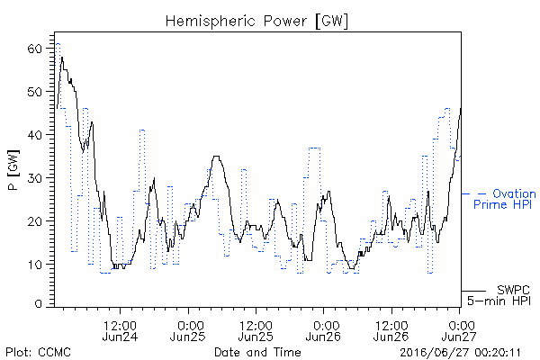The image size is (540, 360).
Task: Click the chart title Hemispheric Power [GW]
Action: pyautogui.click(x=256, y=21)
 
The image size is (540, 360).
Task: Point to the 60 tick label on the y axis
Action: pyautogui.click(x=34, y=49)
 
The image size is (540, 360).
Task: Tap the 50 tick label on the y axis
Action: pyautogui.click(x=34, y=92)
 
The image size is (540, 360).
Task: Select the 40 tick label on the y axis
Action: pyautogui.click(x=34, y=135)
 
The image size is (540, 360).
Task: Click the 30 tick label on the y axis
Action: pyautogui.click(x=34, y=178)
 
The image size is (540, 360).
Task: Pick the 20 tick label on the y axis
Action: pyautogui.click(x=34, y=221)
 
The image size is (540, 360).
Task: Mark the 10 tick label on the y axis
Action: pyautogui.click(x=34, y=265)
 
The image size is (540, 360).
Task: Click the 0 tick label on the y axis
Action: pyautogui.click(x=39, y=304)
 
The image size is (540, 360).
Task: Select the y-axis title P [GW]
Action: pyautogui.click(x=13, y=170)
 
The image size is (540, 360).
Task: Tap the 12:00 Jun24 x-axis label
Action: pyautogui.click(x=121, y=330)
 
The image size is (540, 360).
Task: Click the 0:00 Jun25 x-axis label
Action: pyautogui.click(x=188, y=330)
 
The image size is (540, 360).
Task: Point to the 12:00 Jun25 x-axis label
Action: pyautogui.click(x=256, y=330)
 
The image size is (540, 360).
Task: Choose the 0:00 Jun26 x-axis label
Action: pyautogui.click(x=323, y=330)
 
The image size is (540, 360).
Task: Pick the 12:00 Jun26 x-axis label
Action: pyautogui.click(x=391, y=330)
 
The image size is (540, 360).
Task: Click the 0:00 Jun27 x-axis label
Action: pyautogui.click(x=459, y=330)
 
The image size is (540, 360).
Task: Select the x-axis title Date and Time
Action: pyautogui.click(x=257, y=353)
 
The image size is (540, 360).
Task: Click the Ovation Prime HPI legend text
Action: pyautogui.click(x=505, y=199)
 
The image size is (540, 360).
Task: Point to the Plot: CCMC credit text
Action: pyautogui.click(x=38, y=353)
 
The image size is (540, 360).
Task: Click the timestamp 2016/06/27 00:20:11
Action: pyautogui.click(x=460, y=353)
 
